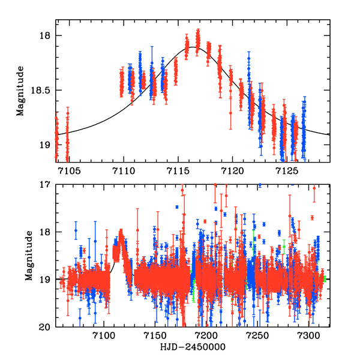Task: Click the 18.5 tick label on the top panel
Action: (x=42, y=90)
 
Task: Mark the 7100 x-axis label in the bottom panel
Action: (x=104, y=336)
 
